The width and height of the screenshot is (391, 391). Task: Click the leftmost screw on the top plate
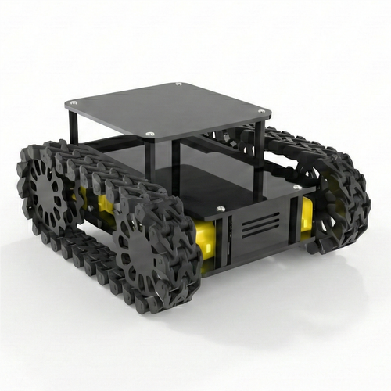tap(74, 102)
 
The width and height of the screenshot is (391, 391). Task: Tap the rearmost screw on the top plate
tap(178, 84)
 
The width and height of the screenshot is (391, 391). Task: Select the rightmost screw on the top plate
tap(261, 112)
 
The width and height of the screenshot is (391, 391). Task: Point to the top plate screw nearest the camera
tap(150, 135)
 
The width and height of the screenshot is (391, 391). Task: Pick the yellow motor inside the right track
tap(306, 212)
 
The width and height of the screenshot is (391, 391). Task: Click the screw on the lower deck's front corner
tap(221, 209)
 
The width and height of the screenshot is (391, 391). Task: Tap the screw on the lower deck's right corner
tap(297, 187)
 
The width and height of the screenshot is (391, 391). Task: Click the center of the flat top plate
tap(168, 109)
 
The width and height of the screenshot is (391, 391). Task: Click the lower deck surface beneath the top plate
tap(211, 184)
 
